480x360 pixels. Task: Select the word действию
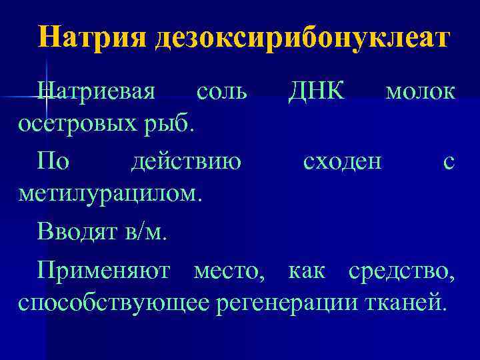186,161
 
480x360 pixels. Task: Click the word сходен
343,161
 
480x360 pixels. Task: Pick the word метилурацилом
109,194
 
